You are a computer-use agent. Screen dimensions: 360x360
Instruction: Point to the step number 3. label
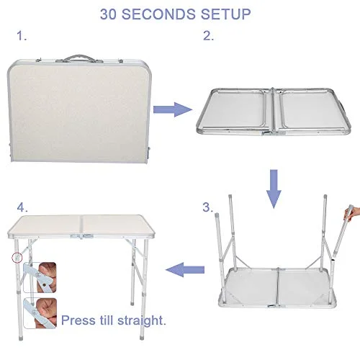207,208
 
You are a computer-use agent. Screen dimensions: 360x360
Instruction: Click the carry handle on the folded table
86,58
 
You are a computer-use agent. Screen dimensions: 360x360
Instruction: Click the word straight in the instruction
148,319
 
